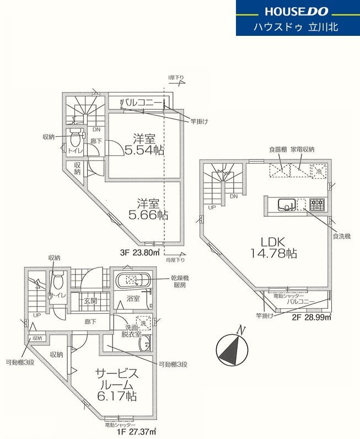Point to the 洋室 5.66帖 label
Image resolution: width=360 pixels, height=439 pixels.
145,209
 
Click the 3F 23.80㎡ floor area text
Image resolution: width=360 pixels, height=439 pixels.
140,253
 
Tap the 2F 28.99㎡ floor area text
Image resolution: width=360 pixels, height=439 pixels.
311,317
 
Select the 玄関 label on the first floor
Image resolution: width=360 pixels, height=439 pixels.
91,301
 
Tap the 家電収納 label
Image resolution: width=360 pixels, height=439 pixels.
303,149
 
